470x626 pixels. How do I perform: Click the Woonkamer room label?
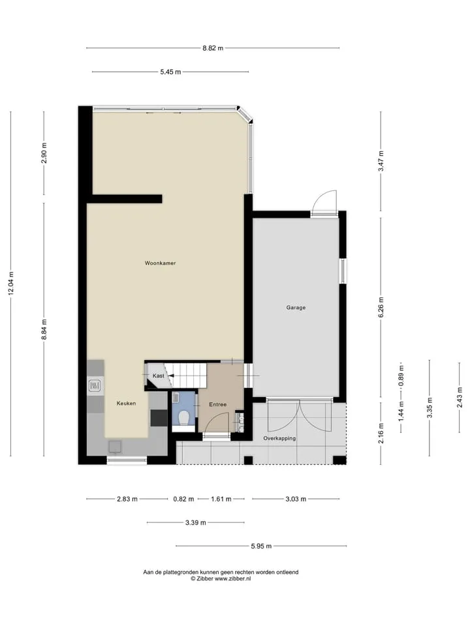(161, 263)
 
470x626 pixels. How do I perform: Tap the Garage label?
(296, 307)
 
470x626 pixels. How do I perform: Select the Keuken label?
(126, 403)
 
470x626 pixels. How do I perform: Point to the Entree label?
(218, 404)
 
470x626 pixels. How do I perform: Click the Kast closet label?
(158, 376)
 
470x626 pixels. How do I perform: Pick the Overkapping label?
(279, 438)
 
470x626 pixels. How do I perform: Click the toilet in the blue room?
(184, 417)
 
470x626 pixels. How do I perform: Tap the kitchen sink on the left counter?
(95, 385)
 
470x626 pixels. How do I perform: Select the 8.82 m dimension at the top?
(213, 48)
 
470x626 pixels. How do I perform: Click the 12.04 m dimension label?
(11, 284)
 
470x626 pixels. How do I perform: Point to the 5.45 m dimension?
(170, 72)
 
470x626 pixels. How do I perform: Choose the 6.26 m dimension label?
(381, 307)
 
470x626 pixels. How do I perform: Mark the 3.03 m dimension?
(296, 499)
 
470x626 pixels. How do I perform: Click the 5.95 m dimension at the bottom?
(261, 546)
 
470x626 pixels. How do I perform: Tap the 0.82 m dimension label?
(183, 499)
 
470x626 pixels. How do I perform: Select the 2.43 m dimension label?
(460, 397)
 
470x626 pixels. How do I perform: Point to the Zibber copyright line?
(221, 578)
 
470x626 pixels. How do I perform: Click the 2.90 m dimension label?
(44, 153)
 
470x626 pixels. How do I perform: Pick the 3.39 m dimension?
(195, 522)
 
